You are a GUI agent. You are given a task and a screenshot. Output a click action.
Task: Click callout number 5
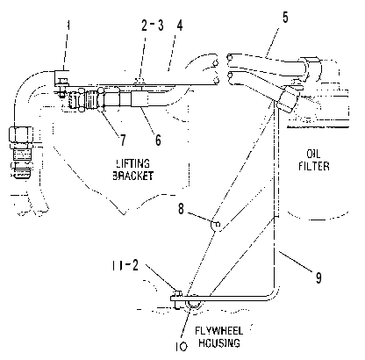point(285,18)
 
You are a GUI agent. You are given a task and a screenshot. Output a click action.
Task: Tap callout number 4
point(180,25)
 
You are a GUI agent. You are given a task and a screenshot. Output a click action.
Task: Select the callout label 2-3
point(153,25)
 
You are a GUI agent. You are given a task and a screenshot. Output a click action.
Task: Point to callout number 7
point(123,140)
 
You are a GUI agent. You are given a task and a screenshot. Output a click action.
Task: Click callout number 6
point(158,140)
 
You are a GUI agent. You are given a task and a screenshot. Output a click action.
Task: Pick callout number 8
point(182,209)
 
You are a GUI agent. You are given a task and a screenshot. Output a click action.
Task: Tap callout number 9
point(318,277)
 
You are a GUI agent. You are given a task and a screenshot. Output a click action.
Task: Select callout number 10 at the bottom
point(182,347)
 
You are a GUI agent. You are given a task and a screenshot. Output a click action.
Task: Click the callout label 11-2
point(125,265)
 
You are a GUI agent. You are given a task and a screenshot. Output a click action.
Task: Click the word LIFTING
point(133,163)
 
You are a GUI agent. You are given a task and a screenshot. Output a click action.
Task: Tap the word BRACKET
point(133,176)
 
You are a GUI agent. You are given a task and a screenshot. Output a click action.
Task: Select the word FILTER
point(314,166)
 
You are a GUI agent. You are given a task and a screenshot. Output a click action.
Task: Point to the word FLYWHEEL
point(218,331)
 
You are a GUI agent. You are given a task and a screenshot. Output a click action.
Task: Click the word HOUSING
point(219,342)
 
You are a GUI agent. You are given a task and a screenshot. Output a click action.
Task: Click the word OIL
point(313,154)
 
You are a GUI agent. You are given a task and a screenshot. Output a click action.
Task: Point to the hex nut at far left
point(21,133)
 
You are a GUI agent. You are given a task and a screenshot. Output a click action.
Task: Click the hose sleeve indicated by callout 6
point(140,99)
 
